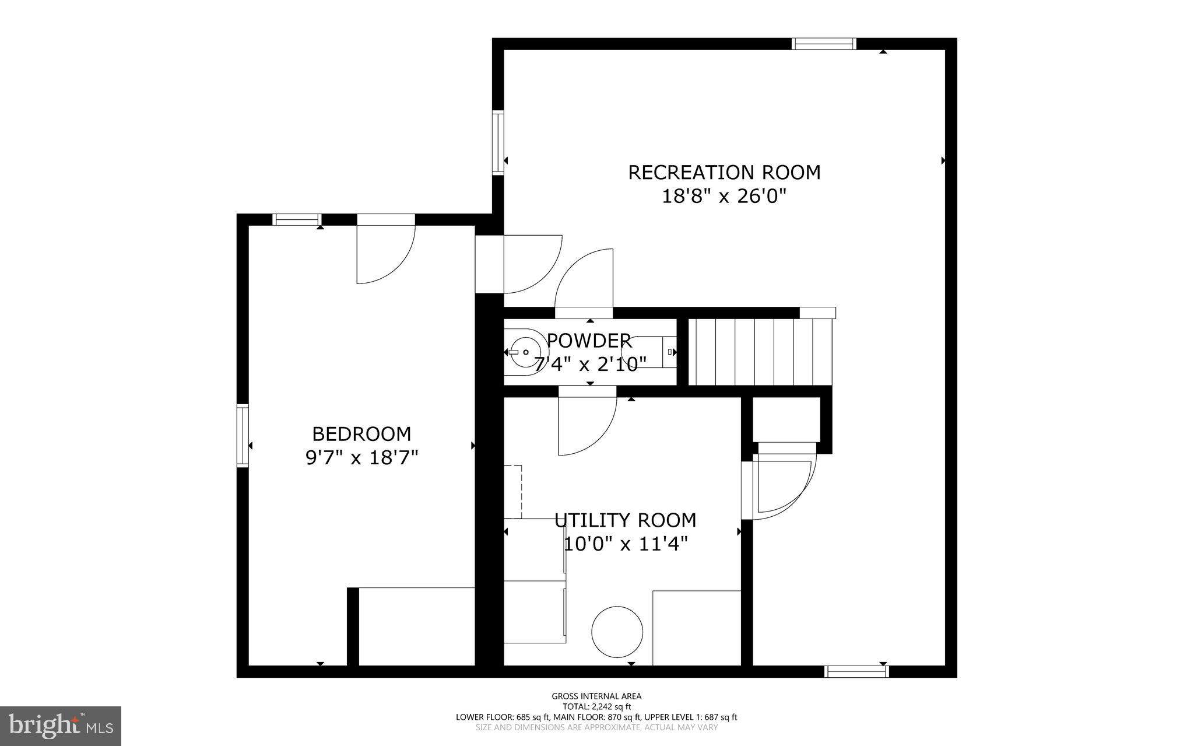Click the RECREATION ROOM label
click(724, 173)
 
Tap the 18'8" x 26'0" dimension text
click(724, 197)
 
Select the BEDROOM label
click(361, 434)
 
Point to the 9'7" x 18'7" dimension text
click(361, 458)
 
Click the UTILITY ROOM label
click(625, 520)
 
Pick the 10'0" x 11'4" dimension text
click(625, 544)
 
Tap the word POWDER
click(589, 340)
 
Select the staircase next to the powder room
click(758, 352)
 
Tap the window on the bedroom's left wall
click(243, 435)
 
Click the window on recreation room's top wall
click(824, 44)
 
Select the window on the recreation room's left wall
click(498, 143)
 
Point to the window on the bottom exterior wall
click(856, 671)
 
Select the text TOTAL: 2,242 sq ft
click(596, 706)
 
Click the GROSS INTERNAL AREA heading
click(596, 696)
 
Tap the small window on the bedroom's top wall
click(297, 220)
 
